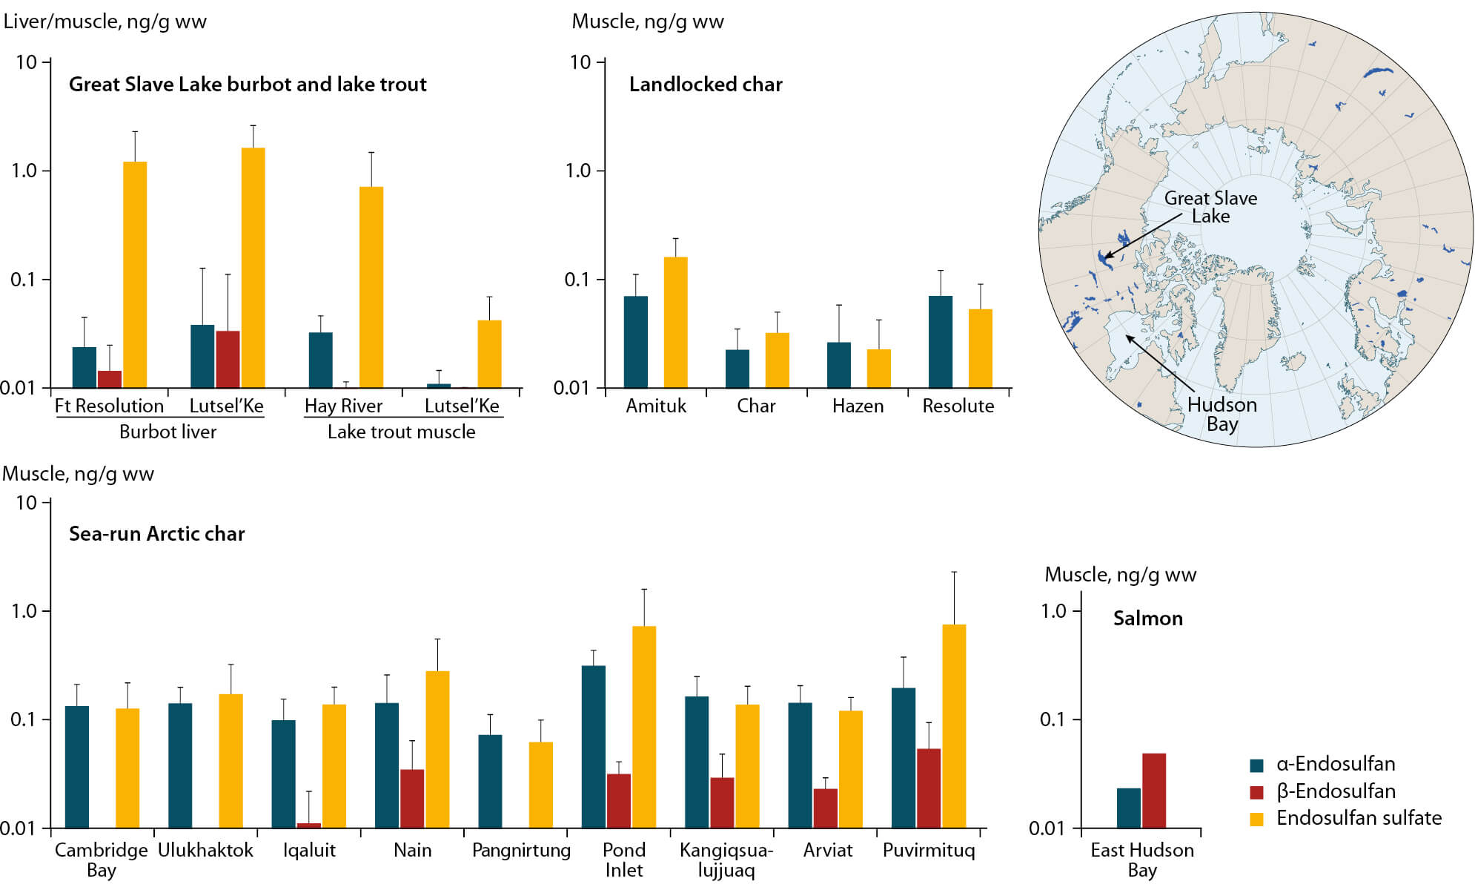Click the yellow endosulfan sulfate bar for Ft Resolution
(135, 274)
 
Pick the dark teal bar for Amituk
(636, 341)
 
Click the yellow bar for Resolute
(981, 348)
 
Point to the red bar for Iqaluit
(309, 825)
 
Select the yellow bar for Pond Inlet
(644, 727)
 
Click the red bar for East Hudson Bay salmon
(1154, 790)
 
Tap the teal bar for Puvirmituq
(904, 757)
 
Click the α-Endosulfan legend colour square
(1256, 765)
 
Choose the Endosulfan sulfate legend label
(1359, 818)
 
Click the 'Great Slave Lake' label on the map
(1210, 207)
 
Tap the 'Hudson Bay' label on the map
(1222, 414)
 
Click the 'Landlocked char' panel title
(706, 85)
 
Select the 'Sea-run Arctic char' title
(156, 534)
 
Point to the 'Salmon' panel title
(1147, 619)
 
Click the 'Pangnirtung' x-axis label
(521, 850)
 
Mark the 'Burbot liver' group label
(168, 432)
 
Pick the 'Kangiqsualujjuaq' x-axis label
(726, 860)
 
